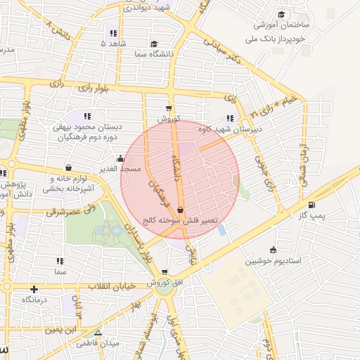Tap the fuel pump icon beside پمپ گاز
click(x=311, y=205)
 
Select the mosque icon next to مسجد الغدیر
click(x=121, y=158)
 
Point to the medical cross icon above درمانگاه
click(x=34, y=289)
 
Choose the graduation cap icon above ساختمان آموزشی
click(x=281, y=14)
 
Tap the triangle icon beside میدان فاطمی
click(x=98, y=333)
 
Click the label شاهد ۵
click(x=112, y=44)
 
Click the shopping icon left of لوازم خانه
click(x=68, y=167)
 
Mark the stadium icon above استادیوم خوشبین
click(x=273, y=250)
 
